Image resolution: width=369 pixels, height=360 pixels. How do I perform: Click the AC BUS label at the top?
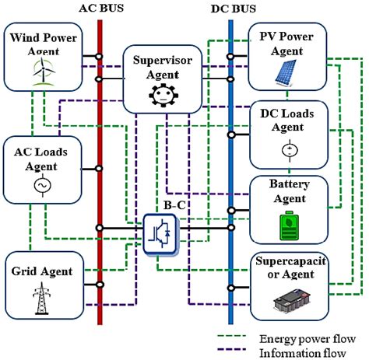click(x=98, y=8)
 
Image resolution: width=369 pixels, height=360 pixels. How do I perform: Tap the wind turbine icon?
click(x=40, y=71)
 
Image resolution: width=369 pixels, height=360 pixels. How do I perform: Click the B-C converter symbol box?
click(x=161, y=231)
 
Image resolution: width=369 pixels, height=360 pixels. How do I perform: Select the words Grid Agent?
click(x=42, y=272)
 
